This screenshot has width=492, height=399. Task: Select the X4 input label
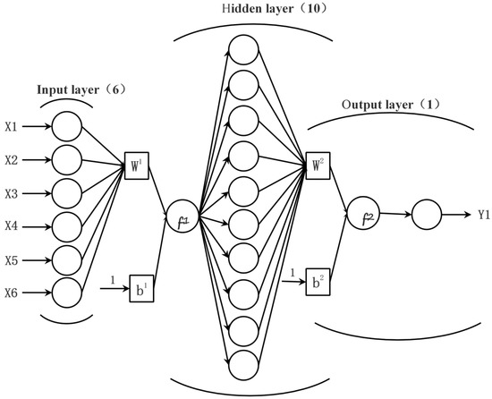pos(12,226)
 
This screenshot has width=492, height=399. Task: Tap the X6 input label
pos(12,293)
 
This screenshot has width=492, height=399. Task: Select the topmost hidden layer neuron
pos(245,49)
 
